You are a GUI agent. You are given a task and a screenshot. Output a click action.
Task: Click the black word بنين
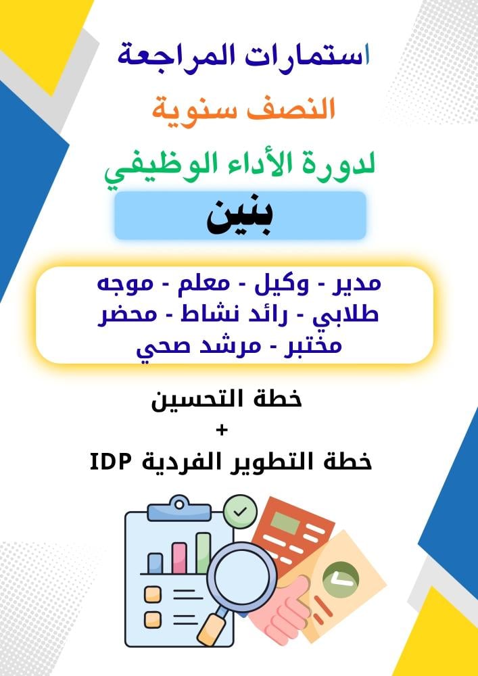click(239, 218)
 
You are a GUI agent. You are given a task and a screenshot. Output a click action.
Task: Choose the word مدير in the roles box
click(356, 285)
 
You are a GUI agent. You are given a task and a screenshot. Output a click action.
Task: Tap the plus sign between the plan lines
click(222, 430)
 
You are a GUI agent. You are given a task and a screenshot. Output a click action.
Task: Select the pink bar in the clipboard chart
click(179, 558)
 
